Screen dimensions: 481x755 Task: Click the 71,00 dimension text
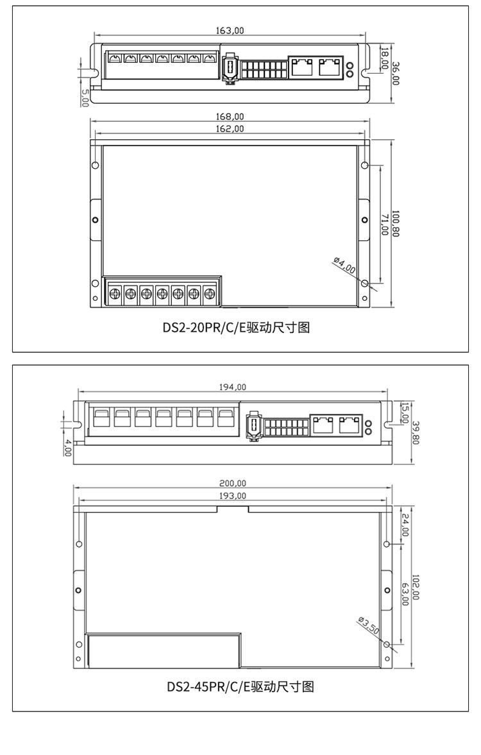click(385, 225)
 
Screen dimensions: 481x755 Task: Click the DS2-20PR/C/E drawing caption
click(236, 328)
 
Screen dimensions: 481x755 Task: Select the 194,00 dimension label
click(232, 387)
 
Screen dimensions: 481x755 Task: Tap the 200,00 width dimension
click(233, 484)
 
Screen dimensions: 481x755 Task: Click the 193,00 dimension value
click(233, 496)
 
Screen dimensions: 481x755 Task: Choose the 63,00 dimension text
click(404, 593)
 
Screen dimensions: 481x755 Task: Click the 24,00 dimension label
click(404, 523)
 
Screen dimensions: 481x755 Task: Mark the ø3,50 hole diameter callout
click(368, 625)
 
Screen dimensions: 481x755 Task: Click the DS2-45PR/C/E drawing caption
click(240, 687)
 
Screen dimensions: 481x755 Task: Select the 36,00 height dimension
click(396, 73)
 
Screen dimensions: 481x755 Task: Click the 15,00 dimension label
click(404, 412)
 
